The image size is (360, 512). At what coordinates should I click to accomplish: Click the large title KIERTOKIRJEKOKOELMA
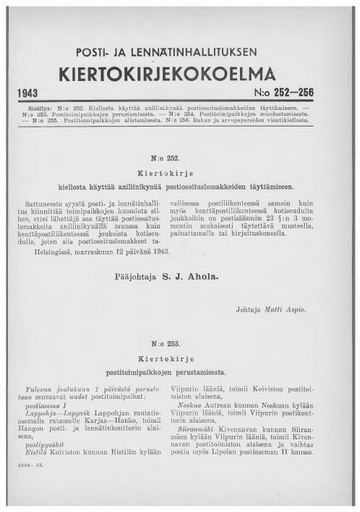coord(180,72)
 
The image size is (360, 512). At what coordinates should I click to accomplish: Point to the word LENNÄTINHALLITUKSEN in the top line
coord(205,51)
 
